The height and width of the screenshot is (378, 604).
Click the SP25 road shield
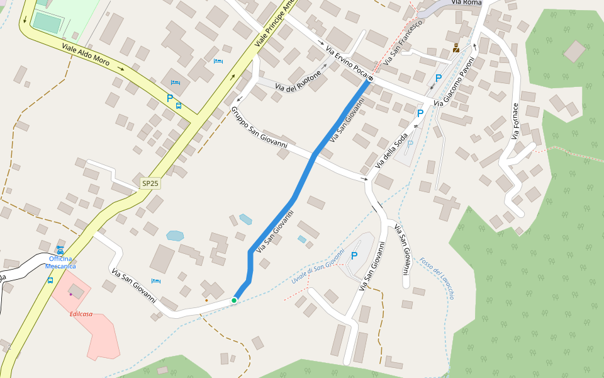point(150,183)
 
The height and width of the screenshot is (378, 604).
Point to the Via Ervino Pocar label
point(347,60)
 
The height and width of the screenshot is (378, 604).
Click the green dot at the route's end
point(234,301)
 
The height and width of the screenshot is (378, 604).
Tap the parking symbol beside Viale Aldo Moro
point(169,98)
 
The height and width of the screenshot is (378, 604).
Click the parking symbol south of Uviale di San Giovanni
point(354,256)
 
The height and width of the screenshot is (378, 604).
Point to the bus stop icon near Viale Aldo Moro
point(179,106)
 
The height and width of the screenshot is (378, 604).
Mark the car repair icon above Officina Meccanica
point(60,249)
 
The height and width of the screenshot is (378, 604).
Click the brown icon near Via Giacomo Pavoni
point(456,48)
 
